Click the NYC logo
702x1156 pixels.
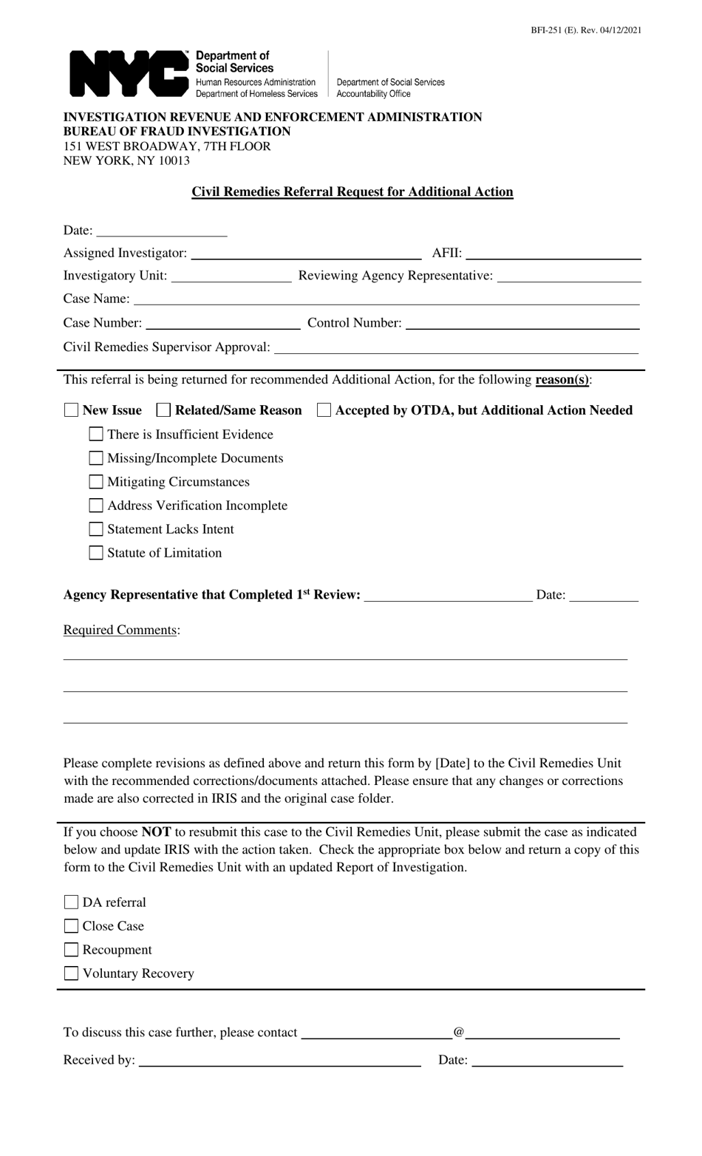pos(129,74)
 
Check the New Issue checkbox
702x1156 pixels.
pos(72,410)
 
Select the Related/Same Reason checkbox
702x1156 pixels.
pos(164,410)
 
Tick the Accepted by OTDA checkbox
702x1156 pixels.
pos(324,410)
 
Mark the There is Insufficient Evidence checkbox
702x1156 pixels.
pos(96,435)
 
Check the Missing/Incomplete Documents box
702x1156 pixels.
pos(96,458)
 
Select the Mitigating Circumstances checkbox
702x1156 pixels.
pos(96,482)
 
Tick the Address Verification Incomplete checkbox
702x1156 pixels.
pos(96,506)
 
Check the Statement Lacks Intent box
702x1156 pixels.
pos(96,529)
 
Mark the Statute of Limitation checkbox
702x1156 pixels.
pos(96,553)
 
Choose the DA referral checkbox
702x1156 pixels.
pos(72,902)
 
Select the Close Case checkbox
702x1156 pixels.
pos(72,926)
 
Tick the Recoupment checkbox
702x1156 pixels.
pos(72,950)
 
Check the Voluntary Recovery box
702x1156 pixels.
pos(72,973)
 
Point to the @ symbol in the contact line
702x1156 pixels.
pos(459,1032)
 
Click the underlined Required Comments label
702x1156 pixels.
pos(120,630)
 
